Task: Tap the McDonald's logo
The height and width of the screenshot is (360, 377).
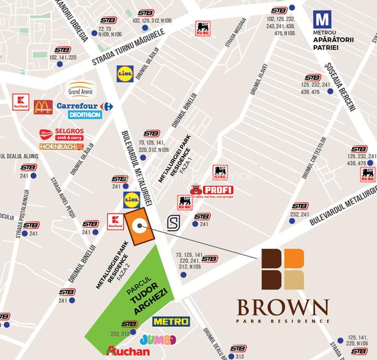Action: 43,107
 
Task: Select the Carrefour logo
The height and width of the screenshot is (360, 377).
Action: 84,106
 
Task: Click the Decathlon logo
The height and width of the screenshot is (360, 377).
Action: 84,115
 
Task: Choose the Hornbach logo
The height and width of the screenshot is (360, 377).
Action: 61,146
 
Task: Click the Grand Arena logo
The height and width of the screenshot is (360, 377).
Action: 81,89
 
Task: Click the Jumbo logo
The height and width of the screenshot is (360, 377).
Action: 157,339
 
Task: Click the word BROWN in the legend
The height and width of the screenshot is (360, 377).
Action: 285,305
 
